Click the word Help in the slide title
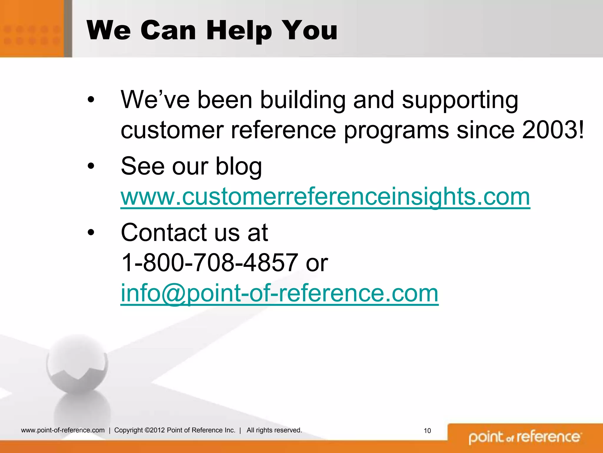(x=239, y=31)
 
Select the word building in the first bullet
(x=303, y=100)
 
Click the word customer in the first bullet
(x=172, y=130)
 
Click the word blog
(x=238, y=166)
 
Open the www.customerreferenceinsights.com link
(x=325, y=197)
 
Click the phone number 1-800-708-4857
(x=210, y=262)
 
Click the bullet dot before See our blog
(x=91, y=166)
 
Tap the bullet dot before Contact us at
(x=91, y=232)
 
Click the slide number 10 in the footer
(x=427, y=431)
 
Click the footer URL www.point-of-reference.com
(x=63, y=430)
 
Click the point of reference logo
(x=525, y=437)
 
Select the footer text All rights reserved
(x=274, y=430)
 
